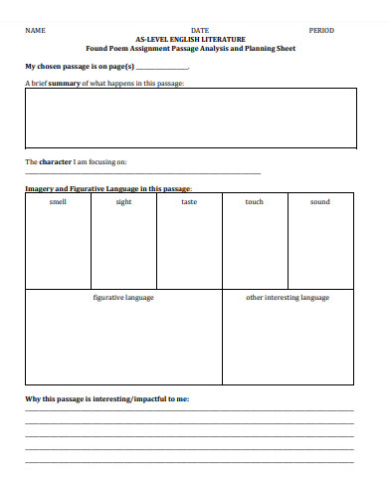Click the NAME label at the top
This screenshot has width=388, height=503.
point(36,31)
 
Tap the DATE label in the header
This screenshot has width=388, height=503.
point(199,31)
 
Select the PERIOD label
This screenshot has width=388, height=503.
point(322,31)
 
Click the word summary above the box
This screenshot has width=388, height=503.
point(63,84)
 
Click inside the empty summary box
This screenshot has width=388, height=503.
point(189,117)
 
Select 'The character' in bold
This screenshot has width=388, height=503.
point(48,161)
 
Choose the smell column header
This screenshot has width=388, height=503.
point(58,202)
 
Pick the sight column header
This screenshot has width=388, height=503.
point(123,202)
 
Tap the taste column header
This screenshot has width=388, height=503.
point(189,202)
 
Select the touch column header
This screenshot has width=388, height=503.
point(255,202)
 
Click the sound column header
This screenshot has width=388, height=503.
point(319,202)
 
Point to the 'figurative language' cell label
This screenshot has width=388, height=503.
point(123,298)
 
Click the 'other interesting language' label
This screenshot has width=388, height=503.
point(288,298)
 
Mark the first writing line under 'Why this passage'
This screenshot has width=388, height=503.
point(189,411)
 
